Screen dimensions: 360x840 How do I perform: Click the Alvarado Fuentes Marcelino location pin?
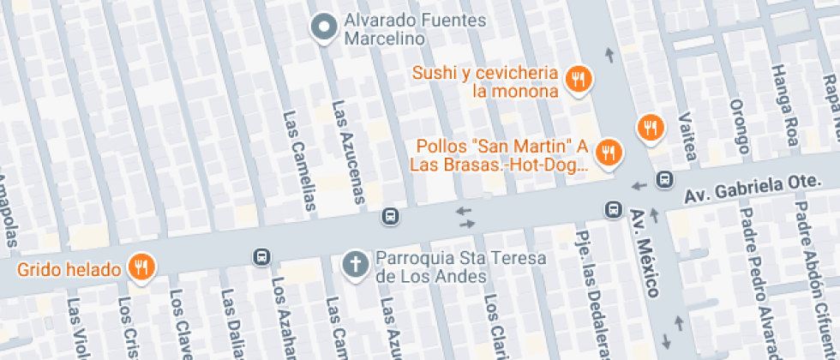(x=324, y=28)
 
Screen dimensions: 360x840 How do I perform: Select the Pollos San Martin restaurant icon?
(x=609, y=153)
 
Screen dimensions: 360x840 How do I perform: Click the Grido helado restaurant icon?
(x=140, y=267)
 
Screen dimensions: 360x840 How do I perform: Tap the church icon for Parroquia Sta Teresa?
(x=354, y=265)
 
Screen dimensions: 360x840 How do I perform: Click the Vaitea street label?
(x=686, y=135)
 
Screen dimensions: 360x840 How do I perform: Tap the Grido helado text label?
(x=69, y=270)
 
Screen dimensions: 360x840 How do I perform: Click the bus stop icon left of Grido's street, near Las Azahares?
(x=261, y=256)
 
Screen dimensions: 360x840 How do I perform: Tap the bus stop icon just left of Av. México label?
(x=613, y=209)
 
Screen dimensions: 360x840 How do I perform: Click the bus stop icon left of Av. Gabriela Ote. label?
(x=663, y=180)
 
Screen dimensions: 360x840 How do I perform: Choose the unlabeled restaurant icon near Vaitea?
(x=651, y=128)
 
